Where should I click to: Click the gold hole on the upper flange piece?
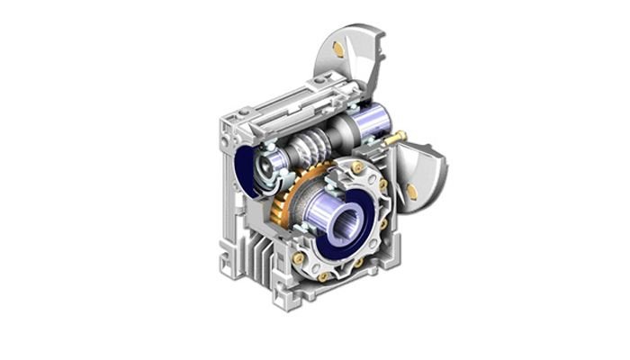click(337, 48)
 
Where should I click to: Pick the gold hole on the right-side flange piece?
click(412, 189)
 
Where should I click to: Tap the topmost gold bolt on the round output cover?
click(358, 168)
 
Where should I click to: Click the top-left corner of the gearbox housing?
click(226, 116)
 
